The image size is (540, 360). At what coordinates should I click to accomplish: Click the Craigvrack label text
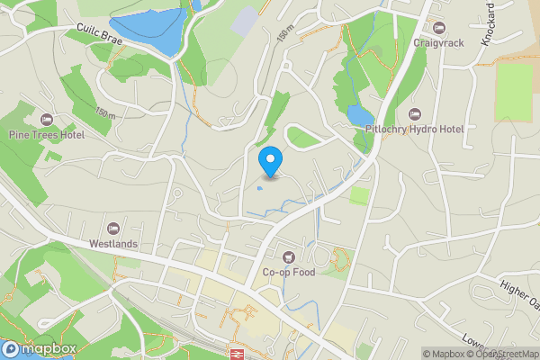tap(439, 42)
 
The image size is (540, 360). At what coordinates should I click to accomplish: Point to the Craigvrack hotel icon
tap(439, 27)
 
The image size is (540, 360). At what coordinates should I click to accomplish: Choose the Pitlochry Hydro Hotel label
tap(414, 130)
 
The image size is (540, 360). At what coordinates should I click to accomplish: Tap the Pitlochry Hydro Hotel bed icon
tap(414, 114)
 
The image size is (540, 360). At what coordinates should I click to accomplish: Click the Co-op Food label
tap(288, 273)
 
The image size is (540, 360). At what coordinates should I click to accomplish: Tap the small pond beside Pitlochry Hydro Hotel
tap(359, 115)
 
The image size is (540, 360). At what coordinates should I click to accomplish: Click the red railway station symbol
tap(238, 354)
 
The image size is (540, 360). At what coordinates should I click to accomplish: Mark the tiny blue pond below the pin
tap(260, 188)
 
